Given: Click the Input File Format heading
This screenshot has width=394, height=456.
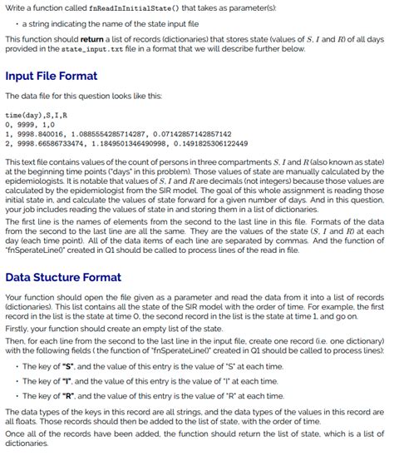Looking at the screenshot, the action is pyautogui.click(x=52, y=77).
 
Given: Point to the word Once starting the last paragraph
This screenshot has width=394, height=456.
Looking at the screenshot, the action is pyautogui.click(x=16, y=434).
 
